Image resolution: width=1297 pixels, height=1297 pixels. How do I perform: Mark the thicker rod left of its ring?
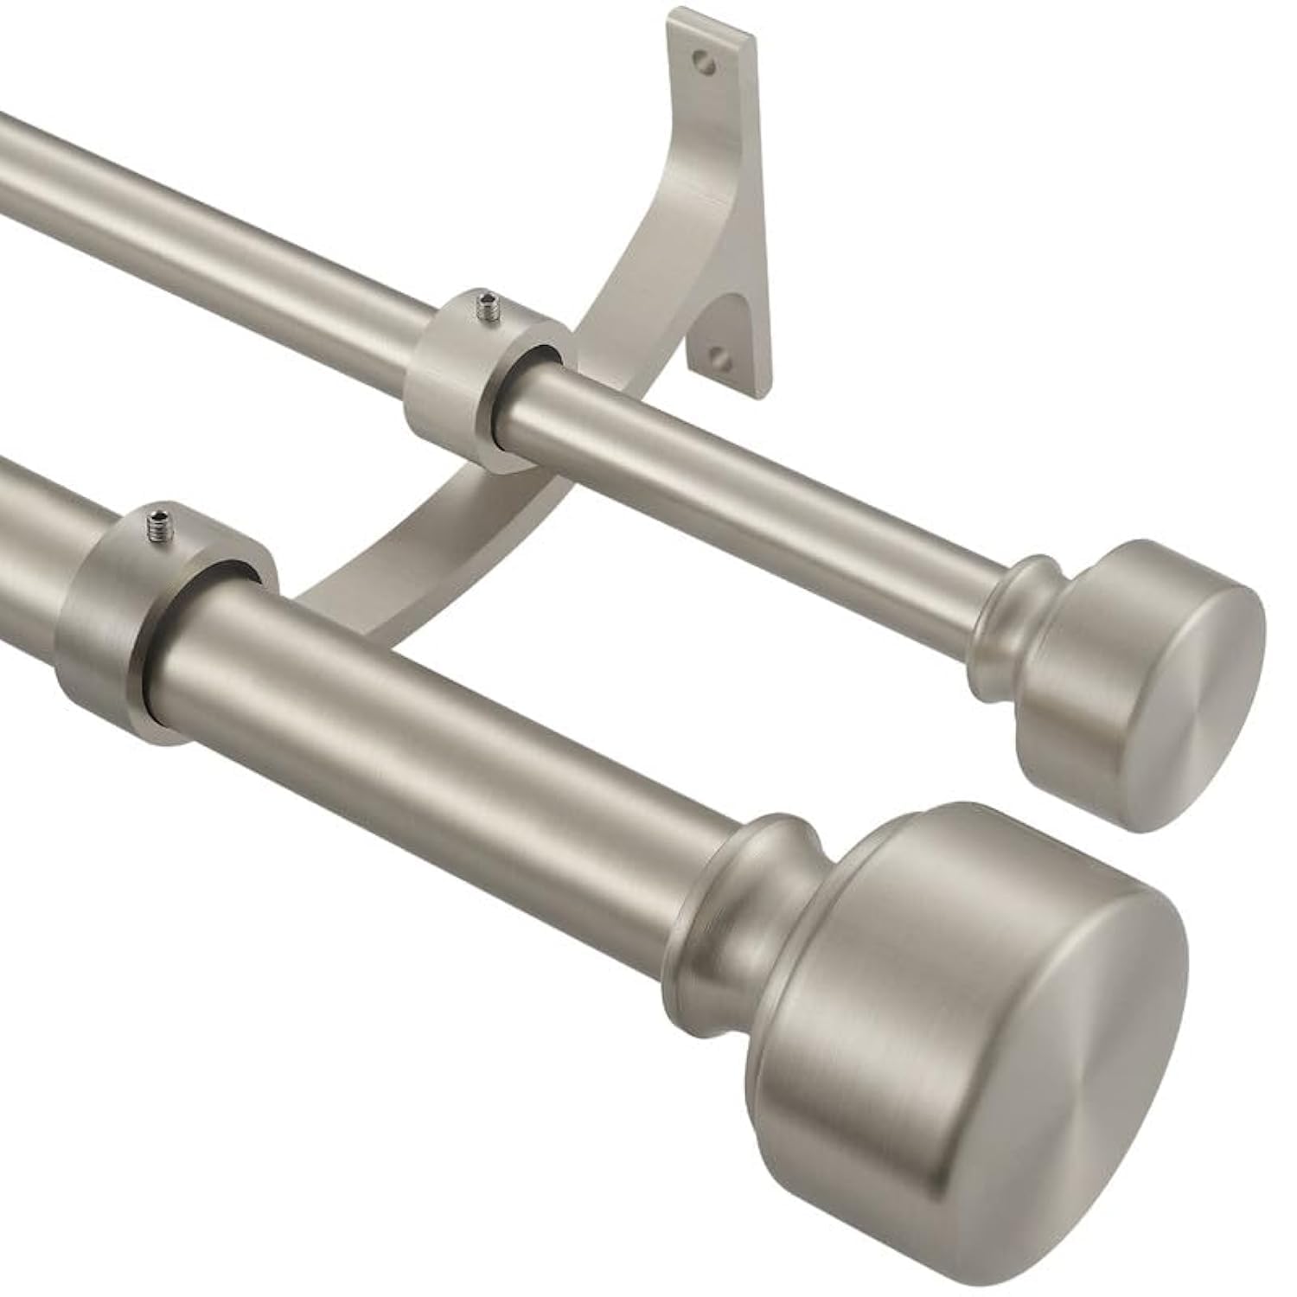[x=35, y=536]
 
